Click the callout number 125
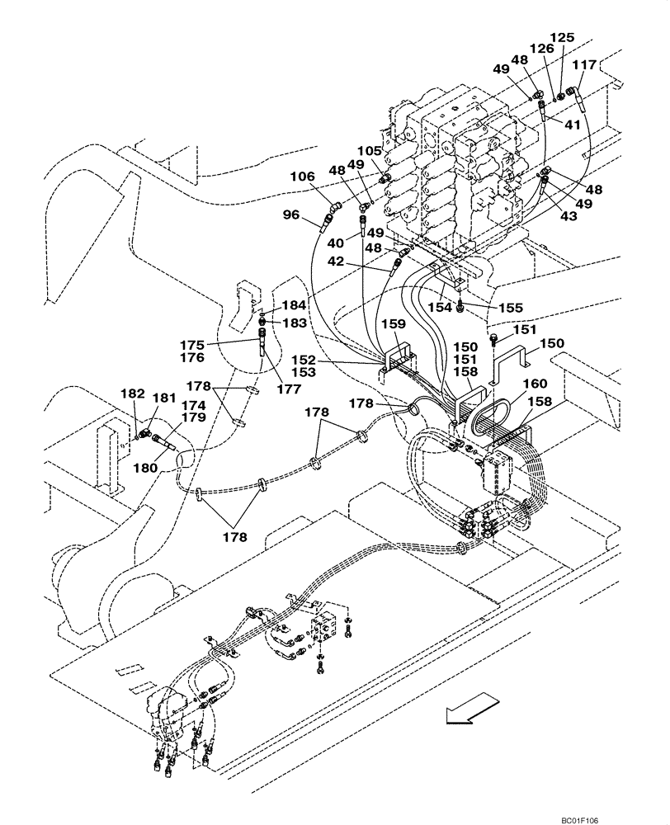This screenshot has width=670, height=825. click(x=563, y=38)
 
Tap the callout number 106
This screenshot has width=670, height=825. click(x=302, y=176)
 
